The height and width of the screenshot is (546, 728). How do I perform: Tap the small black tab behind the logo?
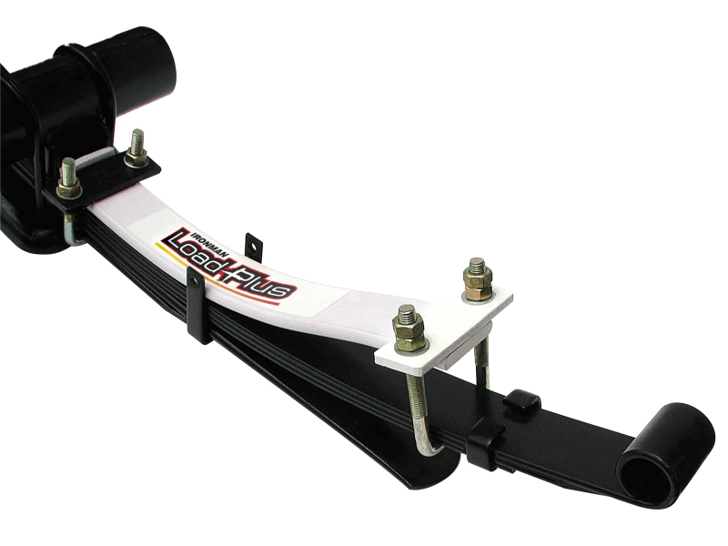point(254,244)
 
